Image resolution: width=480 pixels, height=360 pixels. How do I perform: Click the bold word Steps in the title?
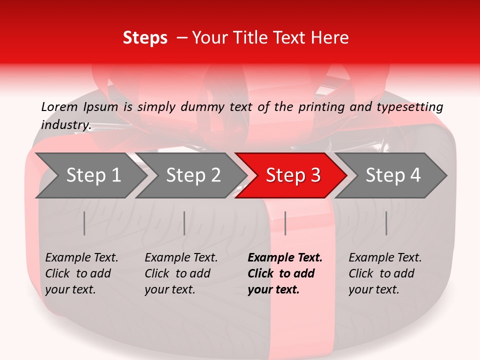(x=145, y=38)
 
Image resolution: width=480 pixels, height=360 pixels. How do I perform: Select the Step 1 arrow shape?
(x=90, y=175)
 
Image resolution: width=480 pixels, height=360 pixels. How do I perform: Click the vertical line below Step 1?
(x=84, y=223)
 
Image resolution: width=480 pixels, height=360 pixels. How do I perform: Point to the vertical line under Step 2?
(x=184, y=223)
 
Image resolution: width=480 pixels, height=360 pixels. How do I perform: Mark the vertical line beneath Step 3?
(x=285, y=223)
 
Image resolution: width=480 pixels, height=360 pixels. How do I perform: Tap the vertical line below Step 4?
(x=386, y=223)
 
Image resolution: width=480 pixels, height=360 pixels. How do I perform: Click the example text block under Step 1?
(x=81, y=273)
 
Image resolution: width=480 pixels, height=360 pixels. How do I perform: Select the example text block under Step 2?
(x=181, y=273)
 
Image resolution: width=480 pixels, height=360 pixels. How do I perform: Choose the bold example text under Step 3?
(x=285, y=273)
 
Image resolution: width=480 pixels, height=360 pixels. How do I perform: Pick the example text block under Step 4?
(x=385, y=273)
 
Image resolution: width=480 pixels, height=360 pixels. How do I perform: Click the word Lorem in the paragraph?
(x=59, y=106)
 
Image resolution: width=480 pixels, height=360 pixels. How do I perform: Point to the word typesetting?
(x=409, y=107)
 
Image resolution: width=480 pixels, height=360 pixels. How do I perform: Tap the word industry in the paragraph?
(x=66, y=124)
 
